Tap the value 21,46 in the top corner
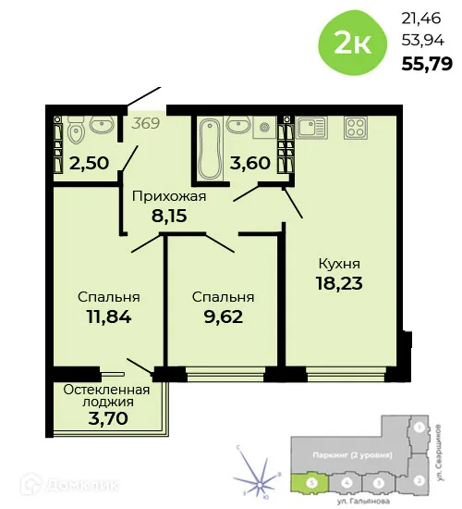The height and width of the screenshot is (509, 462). tap(420, 17)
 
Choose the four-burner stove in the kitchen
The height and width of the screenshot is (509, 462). tap(357, 129)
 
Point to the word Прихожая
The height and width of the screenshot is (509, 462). tap(167, 196)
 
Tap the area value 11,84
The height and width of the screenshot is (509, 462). tap(108, 317)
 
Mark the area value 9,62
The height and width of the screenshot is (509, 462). tap(222, 317)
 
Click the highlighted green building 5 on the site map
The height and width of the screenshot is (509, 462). tap(311, 482)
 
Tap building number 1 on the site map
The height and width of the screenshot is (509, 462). tap(419, 428)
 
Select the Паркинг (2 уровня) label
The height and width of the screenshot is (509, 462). tap(354, 456)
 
